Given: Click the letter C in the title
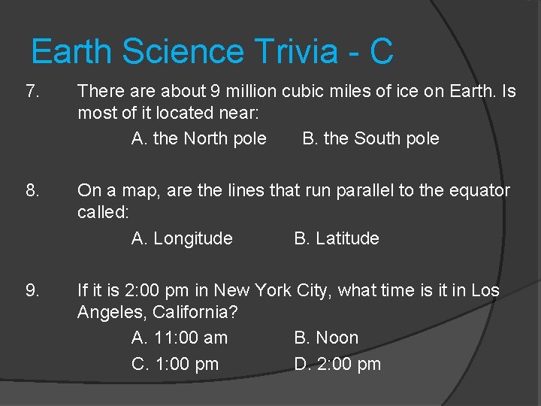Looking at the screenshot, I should click(381, 52).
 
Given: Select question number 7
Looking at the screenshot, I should click(32, 92).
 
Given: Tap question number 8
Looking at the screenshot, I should click(32, 191).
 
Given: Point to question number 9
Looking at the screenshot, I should click(32, 290).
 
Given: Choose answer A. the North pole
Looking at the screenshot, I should click(198, 139).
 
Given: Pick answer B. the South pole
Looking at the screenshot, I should click(370, 139).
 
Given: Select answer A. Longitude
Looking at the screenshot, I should click(182, 239).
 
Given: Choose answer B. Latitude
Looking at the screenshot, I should click(337, 239).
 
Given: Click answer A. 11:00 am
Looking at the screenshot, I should click(180, 338).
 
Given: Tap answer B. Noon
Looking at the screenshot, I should click(326, 338).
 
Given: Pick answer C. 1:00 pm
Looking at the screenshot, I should click(175, 365).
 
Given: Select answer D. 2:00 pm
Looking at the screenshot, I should click(337, 365).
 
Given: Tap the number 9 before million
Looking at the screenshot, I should click(215, 92).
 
